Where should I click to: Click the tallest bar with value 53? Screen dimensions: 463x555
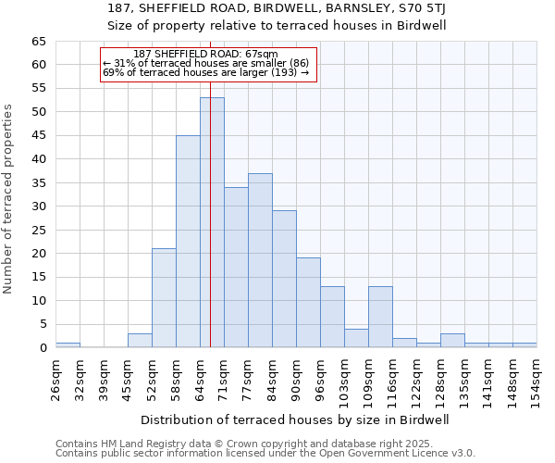coord(212,222)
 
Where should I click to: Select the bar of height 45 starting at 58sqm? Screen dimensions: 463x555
coord(188,241)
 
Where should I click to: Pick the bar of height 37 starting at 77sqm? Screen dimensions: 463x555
coord(260,260)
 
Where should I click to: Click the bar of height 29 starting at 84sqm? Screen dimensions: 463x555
coord(284,279)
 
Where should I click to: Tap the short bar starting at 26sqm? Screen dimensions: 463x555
coord(68,344)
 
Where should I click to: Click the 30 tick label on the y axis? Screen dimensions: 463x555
coord(39,206)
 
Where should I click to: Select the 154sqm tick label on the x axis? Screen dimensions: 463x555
coord(536,380)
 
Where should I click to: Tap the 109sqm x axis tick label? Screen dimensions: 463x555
coord(368,380)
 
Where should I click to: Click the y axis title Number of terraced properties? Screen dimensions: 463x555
coord(9,198)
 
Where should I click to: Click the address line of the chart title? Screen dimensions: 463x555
coord(277,9)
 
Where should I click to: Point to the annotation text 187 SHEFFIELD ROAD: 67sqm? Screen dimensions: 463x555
coord(212,54)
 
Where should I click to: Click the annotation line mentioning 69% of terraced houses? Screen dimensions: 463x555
coord(205,72)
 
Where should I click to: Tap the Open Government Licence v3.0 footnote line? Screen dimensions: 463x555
coord(265,453)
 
